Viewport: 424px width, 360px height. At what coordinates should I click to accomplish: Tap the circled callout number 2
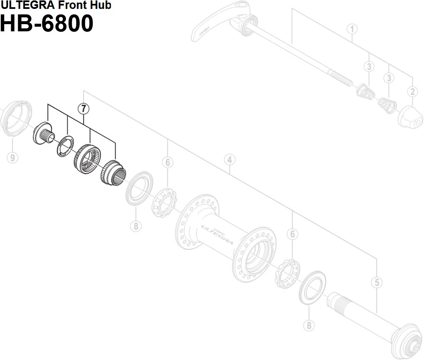412,91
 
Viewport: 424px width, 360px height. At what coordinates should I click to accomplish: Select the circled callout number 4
229,160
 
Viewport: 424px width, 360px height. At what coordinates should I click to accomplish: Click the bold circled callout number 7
84,109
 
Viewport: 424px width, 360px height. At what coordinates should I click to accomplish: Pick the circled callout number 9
13,158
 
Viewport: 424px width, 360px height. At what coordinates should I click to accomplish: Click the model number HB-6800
47,24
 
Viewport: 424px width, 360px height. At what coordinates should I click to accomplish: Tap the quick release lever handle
212,25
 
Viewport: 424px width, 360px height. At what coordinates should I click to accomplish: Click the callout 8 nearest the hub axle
309,325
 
